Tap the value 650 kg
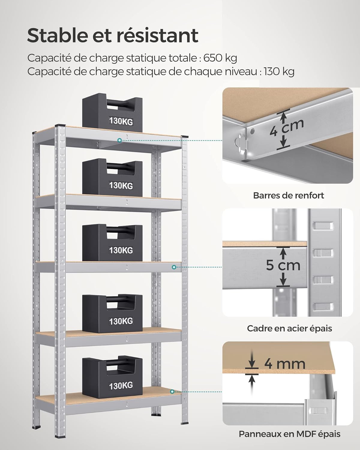(x=220, y=58)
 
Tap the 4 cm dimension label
(x=286, y=128)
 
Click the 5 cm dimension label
(x=283, y=265)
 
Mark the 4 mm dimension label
(x=284, y=364)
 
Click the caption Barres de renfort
(x=289, y=196)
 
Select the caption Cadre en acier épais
(x=289, y=328)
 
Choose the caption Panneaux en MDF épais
(x=289, y=434)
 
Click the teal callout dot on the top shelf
(x=120, y=140)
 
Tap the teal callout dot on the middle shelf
(x=174, y=267)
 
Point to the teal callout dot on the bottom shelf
(x=172, y=391)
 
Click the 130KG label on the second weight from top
(x=121, y=185)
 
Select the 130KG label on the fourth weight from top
(x=121, y=321)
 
